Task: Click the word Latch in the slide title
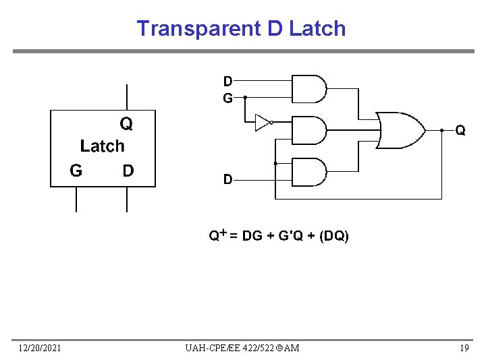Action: [x=317, y=28]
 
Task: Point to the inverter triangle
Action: [x=263, y=122]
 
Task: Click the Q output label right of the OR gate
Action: [x=460, y=130]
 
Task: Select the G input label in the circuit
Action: [x=228, y=98]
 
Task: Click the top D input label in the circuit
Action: [x=228, y=82]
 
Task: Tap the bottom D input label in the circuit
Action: [x=228, y=179]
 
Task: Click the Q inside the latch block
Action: [x=126, y=123]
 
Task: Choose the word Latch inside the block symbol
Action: [x=103, y=146]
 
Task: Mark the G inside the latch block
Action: [x=76, y=171]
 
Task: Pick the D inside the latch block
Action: [x=128, y=171]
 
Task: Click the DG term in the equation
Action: [x=252, y=236]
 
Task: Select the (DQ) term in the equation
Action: [x=334, y=236]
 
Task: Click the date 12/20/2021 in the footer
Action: [x=40, y=348]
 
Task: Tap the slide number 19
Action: [x=464, y=348]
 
